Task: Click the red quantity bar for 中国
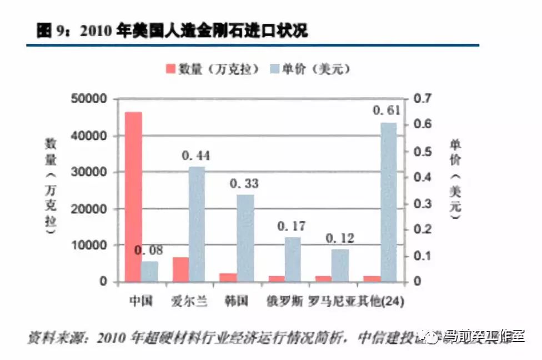[x=133, y=197]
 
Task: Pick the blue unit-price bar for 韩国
[x=245, y=238]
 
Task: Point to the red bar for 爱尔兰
[x=180, y=269]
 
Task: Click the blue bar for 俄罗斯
[x=293, y=259]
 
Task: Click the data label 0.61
[x=387, y=111]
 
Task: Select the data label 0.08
[x=149, y=250]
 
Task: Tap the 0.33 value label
[x=244, y=183]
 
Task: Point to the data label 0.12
[x=340, y=238]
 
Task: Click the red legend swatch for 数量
[x=169, y=69]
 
